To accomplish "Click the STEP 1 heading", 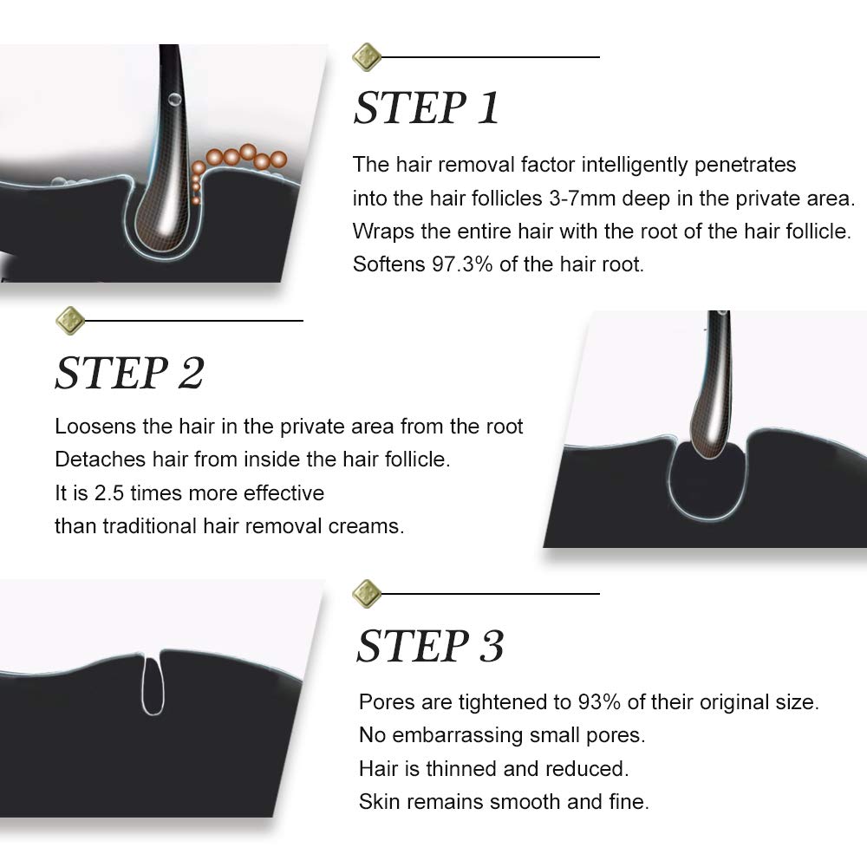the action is pyautogui.click(x=427, y=108).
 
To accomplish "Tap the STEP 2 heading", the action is pyautogui.click(x=129, y=373).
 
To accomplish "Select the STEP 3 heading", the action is pyautogui.click(x=430, y=646).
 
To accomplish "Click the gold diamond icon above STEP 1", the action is pyautogui.click(x=366, y=57).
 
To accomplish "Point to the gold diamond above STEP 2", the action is pyautogui.click(x=70, y=321).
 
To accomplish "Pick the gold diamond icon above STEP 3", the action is pyautogui.click(x=366, y=594).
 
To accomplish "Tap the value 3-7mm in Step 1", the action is pyautogui.click(x=583, y=199).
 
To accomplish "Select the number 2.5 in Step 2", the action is pyautogui.click(x=109, y=493).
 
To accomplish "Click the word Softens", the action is pyautogui.click(x=388, y=264).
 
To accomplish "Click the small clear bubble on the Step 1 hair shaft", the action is pyautogui.click(x=175, y=100).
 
